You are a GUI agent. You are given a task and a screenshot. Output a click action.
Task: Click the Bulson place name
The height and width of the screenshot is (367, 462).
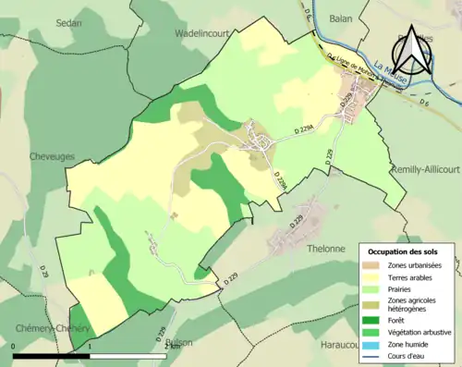coord(177,342)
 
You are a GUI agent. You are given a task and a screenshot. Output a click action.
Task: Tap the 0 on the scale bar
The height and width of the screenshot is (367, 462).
coord(14,348)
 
